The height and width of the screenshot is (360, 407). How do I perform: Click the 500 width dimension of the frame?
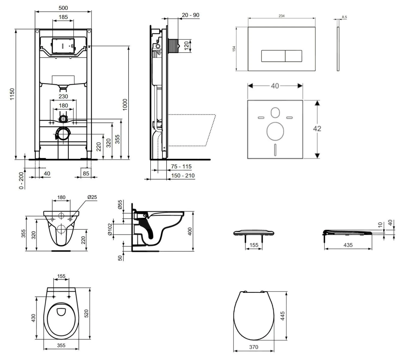pyautogui.click(x=63, y=8)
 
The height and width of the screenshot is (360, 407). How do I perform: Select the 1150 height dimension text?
pyautogui.click(x=12, y=94)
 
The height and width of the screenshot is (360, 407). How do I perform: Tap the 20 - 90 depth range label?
pyautogui.click(x=190, y=15)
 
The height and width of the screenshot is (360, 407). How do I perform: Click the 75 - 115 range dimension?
pyautogui.click(x=181, y=166)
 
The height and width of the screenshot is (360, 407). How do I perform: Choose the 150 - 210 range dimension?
pyautogui.click(x=183, y=176)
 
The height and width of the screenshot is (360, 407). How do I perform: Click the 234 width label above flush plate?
pyautogui.click(x=282, y=16)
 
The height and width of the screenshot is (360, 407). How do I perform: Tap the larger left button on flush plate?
pyautogui.click(x=273, y=56)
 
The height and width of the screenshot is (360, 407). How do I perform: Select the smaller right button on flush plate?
pyautogui.click(x=293, y=56)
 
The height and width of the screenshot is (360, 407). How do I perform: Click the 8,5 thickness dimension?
pyautogui.click(x=344, y=17)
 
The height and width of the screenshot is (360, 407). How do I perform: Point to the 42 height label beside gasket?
pyautogui.click(x=317, y=128)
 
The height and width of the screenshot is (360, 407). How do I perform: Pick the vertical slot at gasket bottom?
pyautogui.click(x=275, y=150)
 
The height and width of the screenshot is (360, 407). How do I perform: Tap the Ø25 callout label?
pyautogui.click(x=92, y=197)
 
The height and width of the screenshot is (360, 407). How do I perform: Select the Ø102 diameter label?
pyautogui.click(x=110, y=229)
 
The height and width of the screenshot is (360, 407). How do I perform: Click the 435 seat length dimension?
pyautogui.click(x=348, y=245)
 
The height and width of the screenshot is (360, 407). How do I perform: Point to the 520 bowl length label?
pyautogui.click(x=87, y=314)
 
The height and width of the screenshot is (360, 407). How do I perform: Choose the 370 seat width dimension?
pyautogui.click(x=254, y=347)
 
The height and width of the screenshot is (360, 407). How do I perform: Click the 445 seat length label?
pyautogui.click(x=282, y=316)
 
